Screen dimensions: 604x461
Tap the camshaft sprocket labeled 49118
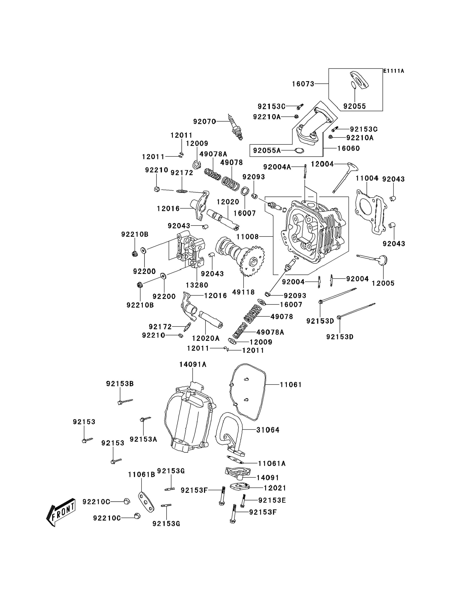[x=252, y=261]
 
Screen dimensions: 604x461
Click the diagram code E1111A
[x=394, y=71]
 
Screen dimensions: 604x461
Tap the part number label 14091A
[x=193, y=364]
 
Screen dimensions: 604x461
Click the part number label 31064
[x=268, y=430]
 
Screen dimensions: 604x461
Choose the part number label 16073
[x=303, y=84]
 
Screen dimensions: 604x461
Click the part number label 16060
[x=348, y=148]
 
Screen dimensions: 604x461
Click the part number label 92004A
[x=277, y=167]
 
